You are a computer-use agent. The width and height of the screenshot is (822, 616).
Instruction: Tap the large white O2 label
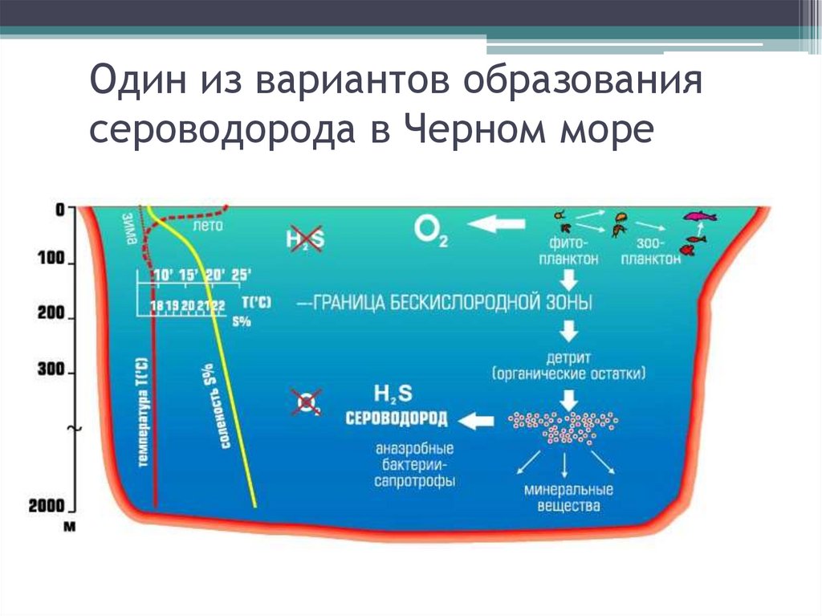[x=431, y=230]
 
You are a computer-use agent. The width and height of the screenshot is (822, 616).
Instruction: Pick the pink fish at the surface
[x=698, y=216]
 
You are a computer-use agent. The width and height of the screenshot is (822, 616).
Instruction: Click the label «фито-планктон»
[x=567, y=249]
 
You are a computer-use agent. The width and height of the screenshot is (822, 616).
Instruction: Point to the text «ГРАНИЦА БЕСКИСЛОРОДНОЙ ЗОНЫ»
[x=445, y=304]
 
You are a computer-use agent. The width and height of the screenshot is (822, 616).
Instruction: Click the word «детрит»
[x=569, y=358]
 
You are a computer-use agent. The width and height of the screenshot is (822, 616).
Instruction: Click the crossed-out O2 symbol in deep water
[x=306, y=402]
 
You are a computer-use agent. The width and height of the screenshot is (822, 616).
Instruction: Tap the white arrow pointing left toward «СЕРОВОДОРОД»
[x=479, y=418]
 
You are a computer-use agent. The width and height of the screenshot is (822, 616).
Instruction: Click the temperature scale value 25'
[x=241, y=275]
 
